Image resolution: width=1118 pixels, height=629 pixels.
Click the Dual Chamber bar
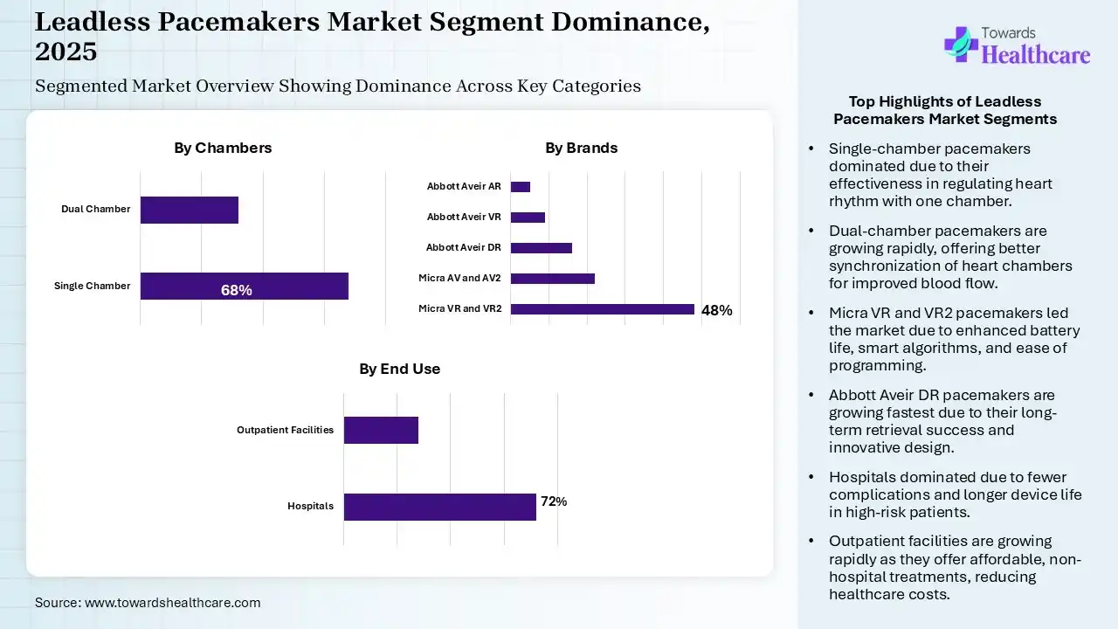(189, 210)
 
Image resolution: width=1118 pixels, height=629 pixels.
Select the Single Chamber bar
(244, 286)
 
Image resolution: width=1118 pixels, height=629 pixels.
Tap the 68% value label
(236, 290)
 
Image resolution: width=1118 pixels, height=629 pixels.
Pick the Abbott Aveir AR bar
(521, 186)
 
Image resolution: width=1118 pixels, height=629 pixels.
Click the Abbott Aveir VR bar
(528, 217)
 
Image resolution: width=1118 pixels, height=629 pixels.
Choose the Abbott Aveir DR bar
(541, 247)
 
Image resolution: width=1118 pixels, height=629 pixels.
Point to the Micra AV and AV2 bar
(552, 278)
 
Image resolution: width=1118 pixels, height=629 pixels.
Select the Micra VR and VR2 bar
(602, 308)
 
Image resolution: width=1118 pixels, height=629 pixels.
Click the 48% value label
(716, 309)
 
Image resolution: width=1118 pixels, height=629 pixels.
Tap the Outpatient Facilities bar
(381, 430)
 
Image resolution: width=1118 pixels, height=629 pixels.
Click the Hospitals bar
(439, 507)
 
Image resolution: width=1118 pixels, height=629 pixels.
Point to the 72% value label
(554, 501)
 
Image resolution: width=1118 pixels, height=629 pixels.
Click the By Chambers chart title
(223, 148)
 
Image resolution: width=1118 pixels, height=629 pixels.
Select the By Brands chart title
(581, 148)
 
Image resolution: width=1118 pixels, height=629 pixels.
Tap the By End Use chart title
(399, 369)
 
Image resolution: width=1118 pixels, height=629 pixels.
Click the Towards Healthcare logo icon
(961, 44)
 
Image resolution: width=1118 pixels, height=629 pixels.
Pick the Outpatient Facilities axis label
(286, 430)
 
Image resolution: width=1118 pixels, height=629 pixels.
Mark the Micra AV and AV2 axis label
(459, 278)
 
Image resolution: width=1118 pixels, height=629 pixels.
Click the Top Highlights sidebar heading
(945, 110)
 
